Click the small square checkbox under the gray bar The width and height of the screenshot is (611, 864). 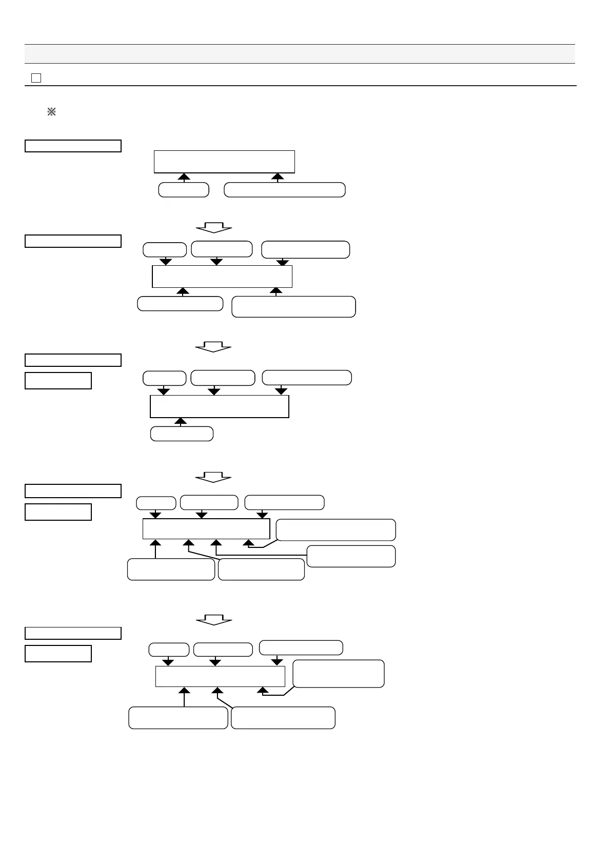(x=36, y=78)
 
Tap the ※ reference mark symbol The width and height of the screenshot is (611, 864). (x=51, y=112)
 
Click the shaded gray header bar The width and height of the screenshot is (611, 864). (x=300, y=54)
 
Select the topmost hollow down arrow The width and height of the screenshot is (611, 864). (x=214, y=227)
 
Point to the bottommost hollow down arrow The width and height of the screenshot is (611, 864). (x=214, y=620)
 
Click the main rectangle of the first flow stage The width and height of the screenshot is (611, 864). (x=224, y=162)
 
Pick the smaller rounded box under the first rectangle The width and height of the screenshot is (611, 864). (x=184, y=190)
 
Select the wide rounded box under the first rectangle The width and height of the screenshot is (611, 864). (x=285, y=190)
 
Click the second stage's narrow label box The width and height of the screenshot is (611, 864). (x=73, y=241)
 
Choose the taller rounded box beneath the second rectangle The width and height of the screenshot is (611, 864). (x=293, y=307)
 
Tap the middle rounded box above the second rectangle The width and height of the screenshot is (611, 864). (x=222, y=249)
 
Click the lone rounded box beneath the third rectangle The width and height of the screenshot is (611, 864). (x=182, y=434)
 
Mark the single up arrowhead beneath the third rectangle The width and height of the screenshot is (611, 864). (x=180, y=422)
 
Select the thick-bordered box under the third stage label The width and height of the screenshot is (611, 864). (x=58, y=381)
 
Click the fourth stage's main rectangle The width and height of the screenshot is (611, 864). (x=206, y=529)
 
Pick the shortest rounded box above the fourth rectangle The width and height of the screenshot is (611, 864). (x=156, y=503)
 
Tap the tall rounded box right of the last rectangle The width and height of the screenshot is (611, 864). (x=338, y=674)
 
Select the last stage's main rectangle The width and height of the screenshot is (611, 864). (x=220, y=676)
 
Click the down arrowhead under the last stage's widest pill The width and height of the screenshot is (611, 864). (x=277, y=662)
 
